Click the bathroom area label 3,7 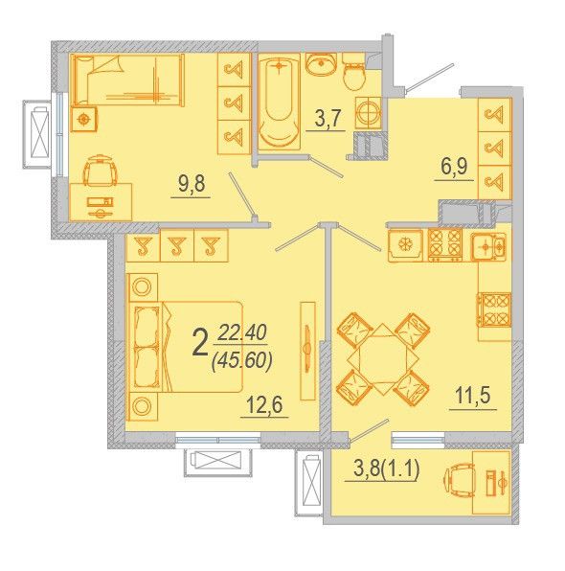[328, 118]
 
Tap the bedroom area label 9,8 [192, 184]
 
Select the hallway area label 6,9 [454, 167]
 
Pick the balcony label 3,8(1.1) [387, 469]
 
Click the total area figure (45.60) [241, 361]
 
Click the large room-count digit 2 [199, 346]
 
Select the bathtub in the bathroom [280, 102]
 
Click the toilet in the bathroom [354, 73]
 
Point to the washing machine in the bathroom [368, 113]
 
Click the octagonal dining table [382, 359]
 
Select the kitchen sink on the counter [488, 247]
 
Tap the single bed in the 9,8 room [127, 80]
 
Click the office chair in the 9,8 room [101, 171]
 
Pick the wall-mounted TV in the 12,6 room [307, 351]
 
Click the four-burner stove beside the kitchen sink [445, 244]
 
